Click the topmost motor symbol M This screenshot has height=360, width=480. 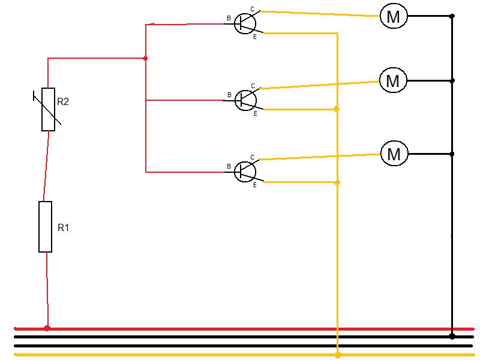(x=394, y=16)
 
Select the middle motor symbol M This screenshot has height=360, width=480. (x=393, y=80)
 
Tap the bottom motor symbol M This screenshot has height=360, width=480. (x=394, y=154)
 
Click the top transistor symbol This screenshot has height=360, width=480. (x=245, y=23)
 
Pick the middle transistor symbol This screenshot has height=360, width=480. (x=245, y=100)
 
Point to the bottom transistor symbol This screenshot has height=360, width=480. (x=245, y=172)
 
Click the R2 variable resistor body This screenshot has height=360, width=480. (x=49, y=109)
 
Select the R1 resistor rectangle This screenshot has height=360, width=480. (x=46, y=227)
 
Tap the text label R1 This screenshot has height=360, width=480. (x=64, y=227)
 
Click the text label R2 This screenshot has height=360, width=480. (x=63, y=101)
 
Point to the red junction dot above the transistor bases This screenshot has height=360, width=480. (x=145, y=58)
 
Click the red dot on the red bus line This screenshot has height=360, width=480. (x=47, y=328)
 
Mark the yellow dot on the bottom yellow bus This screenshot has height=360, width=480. (x=338, y=355)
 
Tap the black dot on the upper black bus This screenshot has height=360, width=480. (x=452, y=337)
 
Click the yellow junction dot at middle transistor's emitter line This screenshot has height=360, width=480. (x=337, y=109)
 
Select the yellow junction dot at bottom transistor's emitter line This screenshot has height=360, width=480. (x=337, y=182)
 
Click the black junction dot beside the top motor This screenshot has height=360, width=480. (x=452, y=16)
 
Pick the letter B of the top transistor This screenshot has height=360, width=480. (x=229, y=19)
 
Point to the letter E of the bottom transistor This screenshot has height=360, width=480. (x=254, y=185)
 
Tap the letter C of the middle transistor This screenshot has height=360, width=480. (x=253, y=86)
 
